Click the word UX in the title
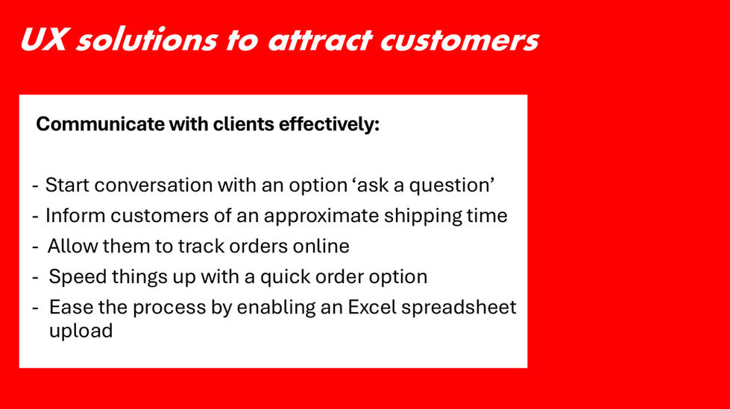point(43,39)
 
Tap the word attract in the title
point(320,39)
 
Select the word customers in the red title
point(459,40)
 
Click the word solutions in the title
point(147,39)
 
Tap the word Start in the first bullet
point(68,186)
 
